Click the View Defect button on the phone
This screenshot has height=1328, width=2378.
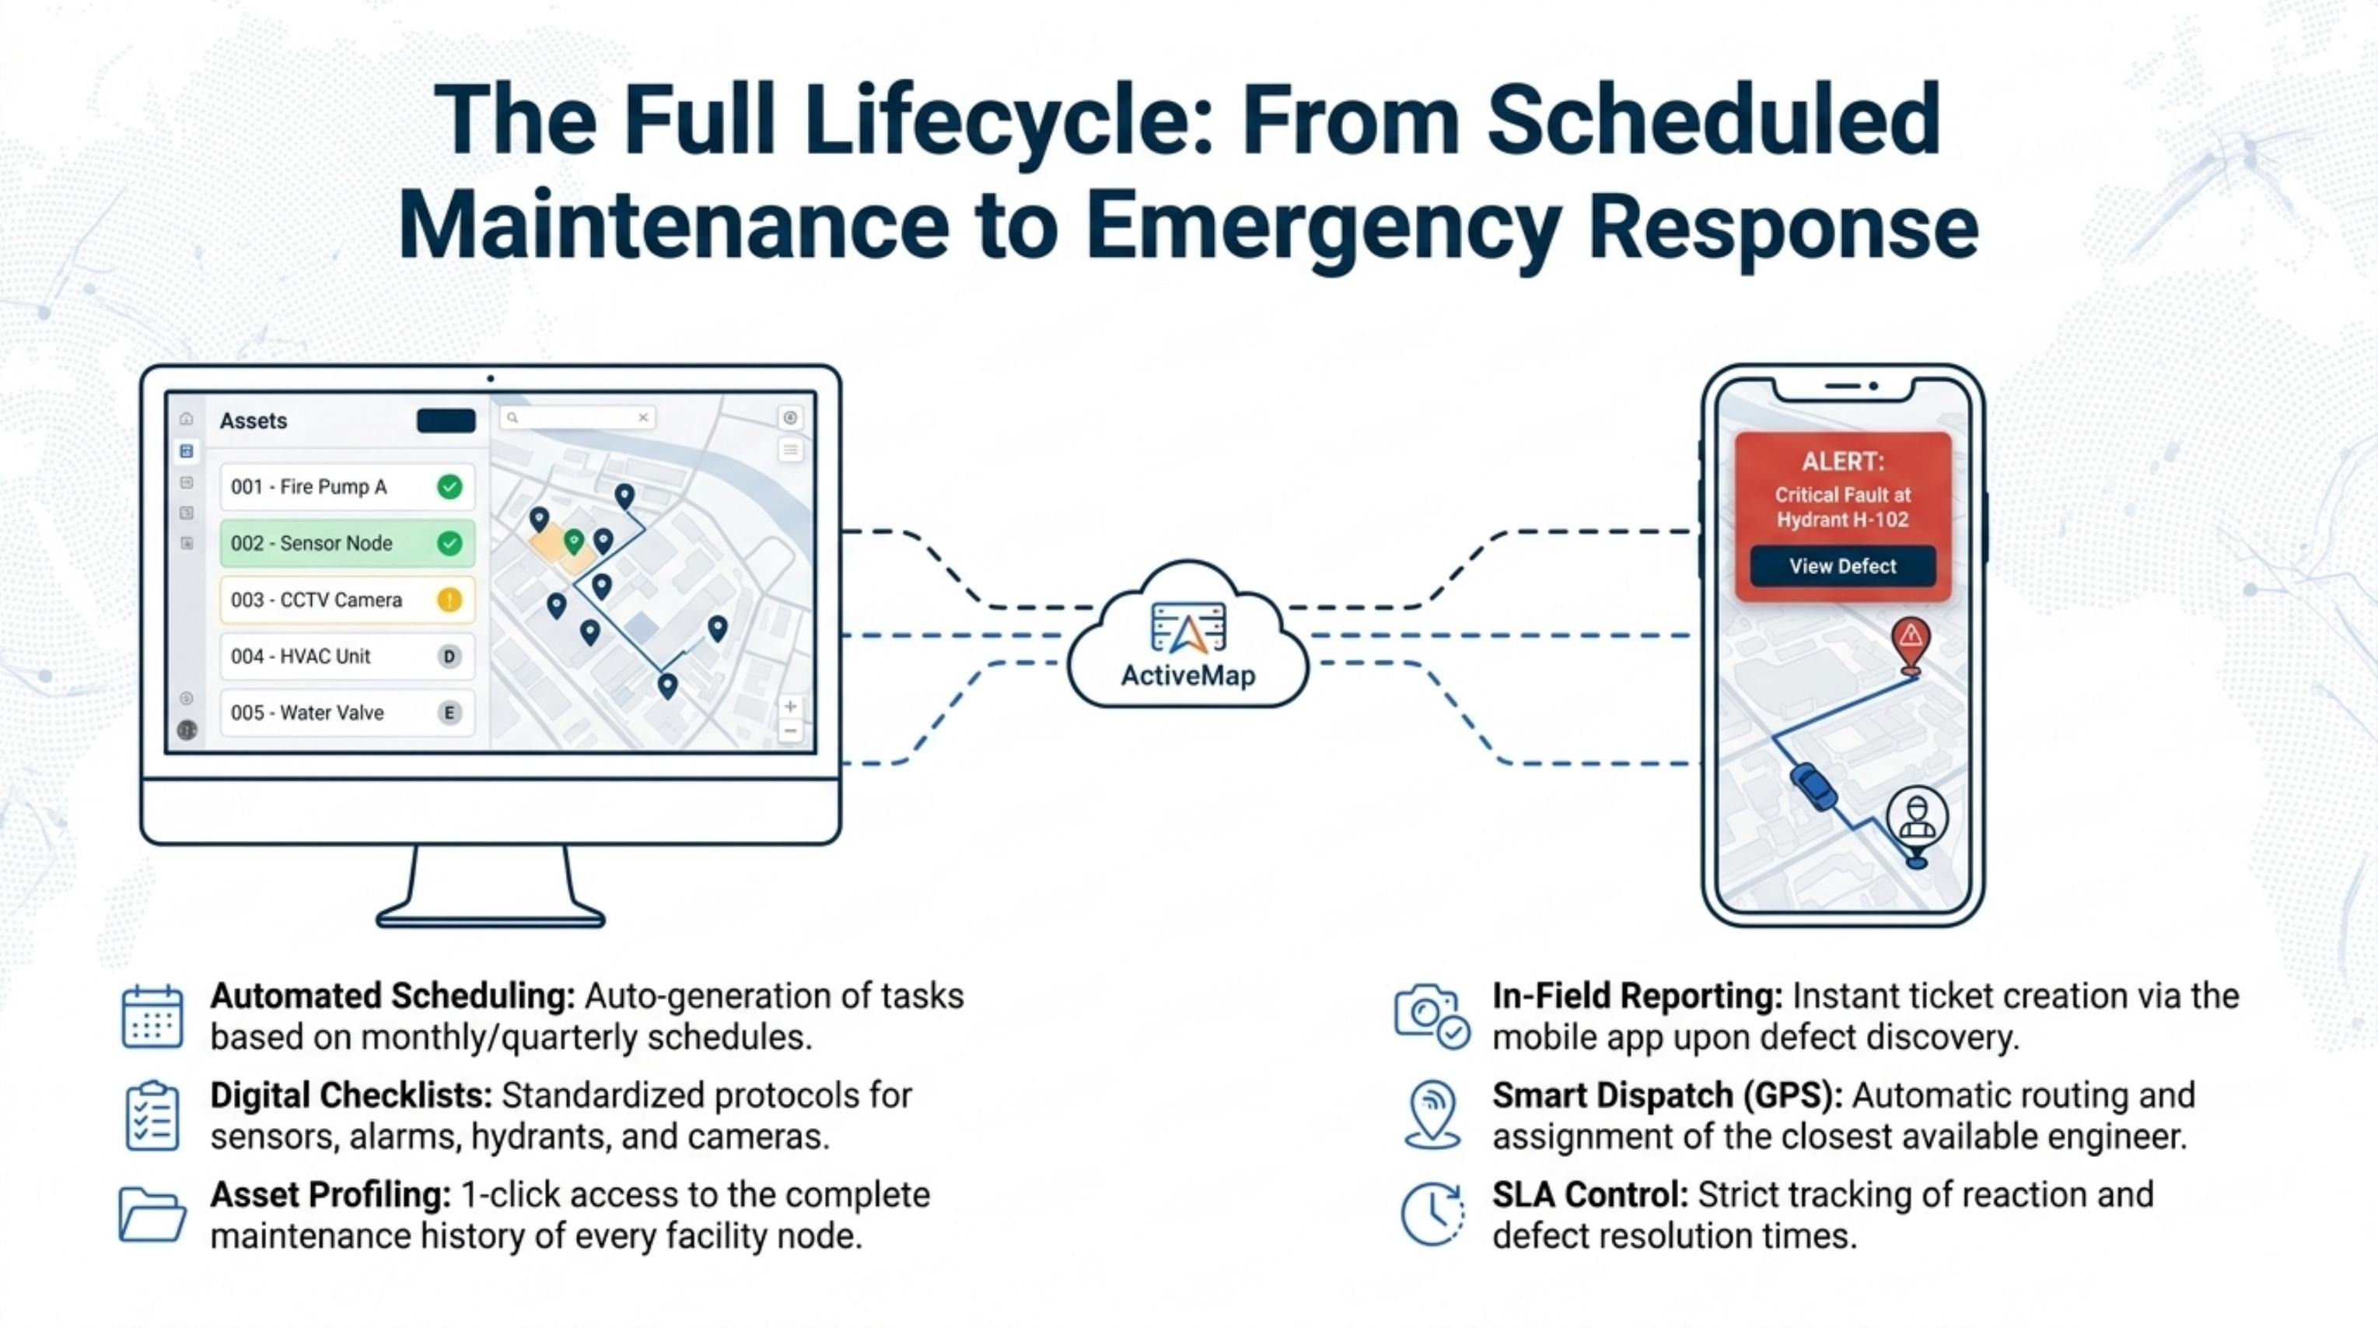(x=1842, y=566)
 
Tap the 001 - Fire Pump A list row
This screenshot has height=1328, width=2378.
(x=347, y=487)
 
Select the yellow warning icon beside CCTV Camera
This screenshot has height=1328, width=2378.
(x=449, y=601)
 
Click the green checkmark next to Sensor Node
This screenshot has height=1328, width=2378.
(x=449, y=543)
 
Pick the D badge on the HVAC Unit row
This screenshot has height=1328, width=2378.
(x=449, y=657)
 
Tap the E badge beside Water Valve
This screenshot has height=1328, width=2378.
(x=449, y=713)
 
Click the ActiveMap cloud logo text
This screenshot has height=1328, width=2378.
(x=1188, y=676)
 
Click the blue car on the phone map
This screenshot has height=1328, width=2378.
(x=1814, y=787)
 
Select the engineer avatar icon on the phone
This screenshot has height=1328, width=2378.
(x=1918, y=818)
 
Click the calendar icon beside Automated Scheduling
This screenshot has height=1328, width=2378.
(x=152, y=1017)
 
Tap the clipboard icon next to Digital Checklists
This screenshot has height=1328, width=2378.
(x=152, y=1116)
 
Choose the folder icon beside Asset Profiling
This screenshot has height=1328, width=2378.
(x=152, y=1214)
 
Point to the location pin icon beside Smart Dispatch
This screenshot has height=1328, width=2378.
(x=1432, y=1115)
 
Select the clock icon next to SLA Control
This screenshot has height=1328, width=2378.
(x=1432, y=1214)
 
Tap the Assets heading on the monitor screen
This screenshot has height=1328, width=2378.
(x=253, y=421)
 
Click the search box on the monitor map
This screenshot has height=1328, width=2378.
(x=578, y=418)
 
